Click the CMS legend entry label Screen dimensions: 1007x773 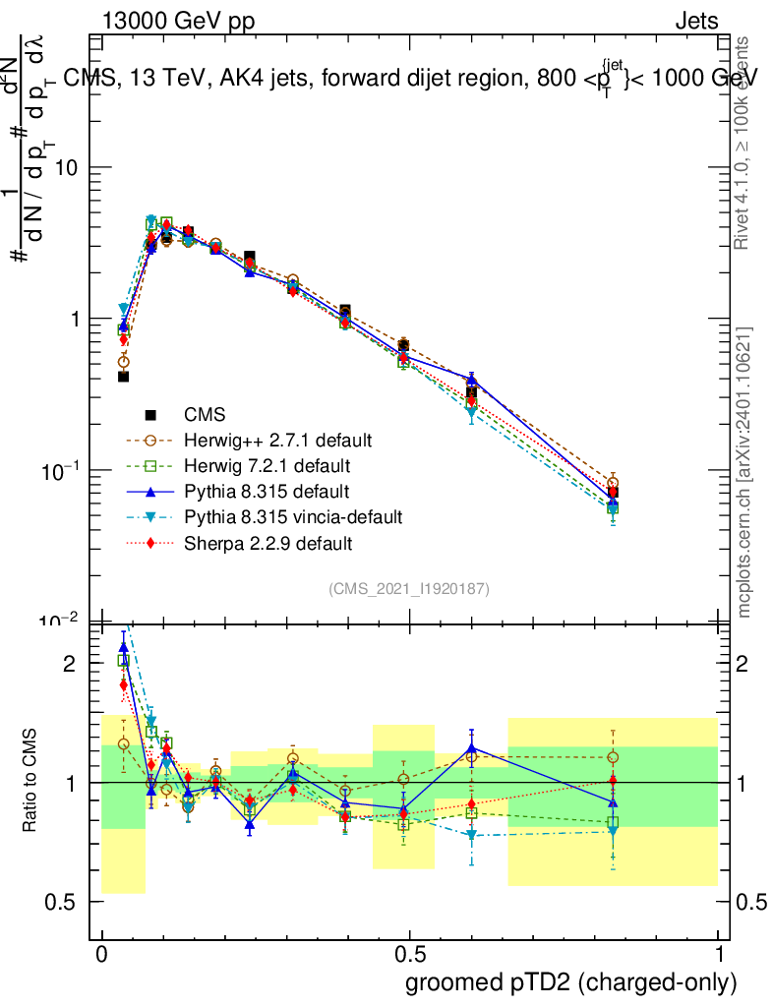coord(204,415)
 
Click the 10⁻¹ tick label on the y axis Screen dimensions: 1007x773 coord(58,471)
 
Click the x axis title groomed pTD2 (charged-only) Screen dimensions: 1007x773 coord(569,982)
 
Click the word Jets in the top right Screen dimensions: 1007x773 coord(695,22)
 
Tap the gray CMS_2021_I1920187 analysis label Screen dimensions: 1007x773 coord(409,588)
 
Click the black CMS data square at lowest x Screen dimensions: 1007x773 coord(124,377)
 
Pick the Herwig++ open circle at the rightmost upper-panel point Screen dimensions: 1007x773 coord(613,483)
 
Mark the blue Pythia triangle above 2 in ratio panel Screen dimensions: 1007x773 coord(124,647)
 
